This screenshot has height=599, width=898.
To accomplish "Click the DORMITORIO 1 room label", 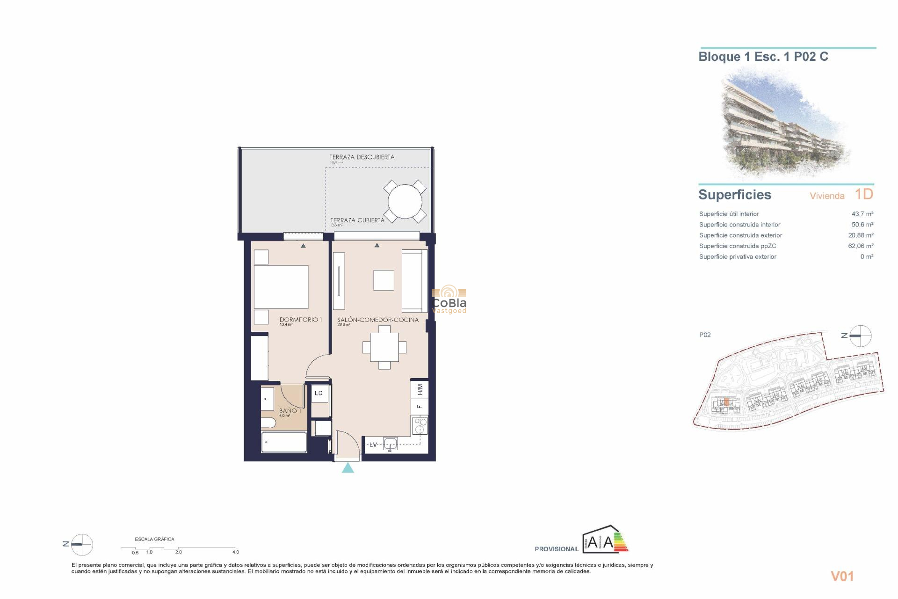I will tap(301, 320).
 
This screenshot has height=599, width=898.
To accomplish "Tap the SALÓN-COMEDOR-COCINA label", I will tap(378, 320).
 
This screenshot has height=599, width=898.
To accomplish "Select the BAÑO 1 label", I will tap(290, 410).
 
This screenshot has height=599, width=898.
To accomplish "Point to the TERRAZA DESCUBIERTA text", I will tap(362, 157).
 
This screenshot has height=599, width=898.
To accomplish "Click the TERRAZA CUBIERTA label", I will tap(357, 220).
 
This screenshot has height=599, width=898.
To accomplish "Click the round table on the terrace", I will tap(405, 202).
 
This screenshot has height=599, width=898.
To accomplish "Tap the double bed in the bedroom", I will tap(281, 287).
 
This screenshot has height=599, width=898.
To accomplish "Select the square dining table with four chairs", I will tap(384, 347).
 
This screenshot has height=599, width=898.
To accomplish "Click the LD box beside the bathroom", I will tap(319, 393).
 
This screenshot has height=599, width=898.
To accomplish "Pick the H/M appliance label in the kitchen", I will tap(420, 389).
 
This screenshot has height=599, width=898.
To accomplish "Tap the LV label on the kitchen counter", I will tap(373, 445).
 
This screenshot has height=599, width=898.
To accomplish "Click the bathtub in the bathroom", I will tap(284, 442).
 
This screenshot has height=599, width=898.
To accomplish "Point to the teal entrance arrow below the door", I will tap(348, 468).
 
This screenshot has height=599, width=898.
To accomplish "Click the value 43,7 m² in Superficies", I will tap(862, 214).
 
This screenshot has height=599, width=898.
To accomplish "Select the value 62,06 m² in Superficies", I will tap(861, 246).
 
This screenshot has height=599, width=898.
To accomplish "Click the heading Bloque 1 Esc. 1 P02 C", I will tap(763, 57).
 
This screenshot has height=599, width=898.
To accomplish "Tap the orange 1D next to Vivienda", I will tap(864, 194).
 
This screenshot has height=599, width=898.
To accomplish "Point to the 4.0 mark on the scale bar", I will tap(236, 552).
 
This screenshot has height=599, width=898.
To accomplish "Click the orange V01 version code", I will tap(842, 577).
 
